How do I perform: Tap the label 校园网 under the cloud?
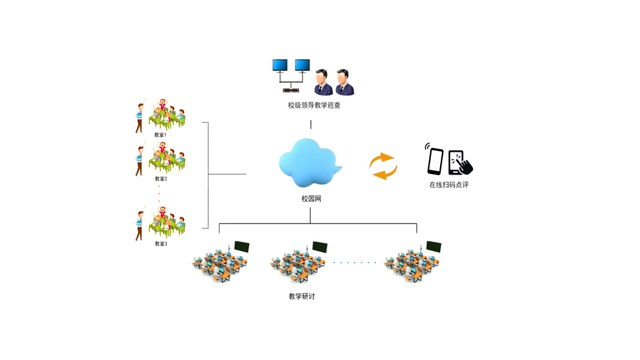311,199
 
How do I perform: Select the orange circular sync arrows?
383,166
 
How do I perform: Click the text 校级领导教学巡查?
311,106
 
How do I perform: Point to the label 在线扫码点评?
449,185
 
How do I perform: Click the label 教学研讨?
302,296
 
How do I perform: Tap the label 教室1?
160,135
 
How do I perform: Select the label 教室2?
160,178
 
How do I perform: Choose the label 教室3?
160,244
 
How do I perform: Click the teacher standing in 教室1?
140,117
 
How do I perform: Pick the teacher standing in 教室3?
140,225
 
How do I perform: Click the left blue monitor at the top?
280,66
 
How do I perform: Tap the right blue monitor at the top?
302,66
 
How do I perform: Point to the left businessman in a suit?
323,82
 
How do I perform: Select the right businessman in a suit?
344,82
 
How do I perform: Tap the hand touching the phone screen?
464,165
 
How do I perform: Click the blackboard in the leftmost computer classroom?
242,247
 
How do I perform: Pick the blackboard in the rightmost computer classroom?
434,247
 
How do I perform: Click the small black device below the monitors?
291,91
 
